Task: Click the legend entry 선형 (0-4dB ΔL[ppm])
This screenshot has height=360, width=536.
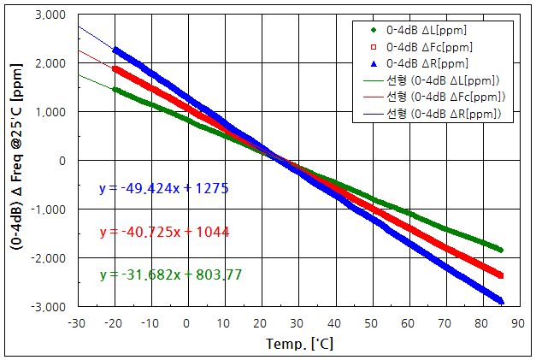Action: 443,80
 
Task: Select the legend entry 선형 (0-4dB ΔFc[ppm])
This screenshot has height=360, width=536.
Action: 445,97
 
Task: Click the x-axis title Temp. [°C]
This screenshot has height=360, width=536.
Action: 298,345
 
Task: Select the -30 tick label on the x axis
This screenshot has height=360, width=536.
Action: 77,323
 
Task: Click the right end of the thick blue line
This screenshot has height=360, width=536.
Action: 502,301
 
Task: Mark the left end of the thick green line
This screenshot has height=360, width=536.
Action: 115,89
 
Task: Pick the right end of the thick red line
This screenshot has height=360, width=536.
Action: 502,275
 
